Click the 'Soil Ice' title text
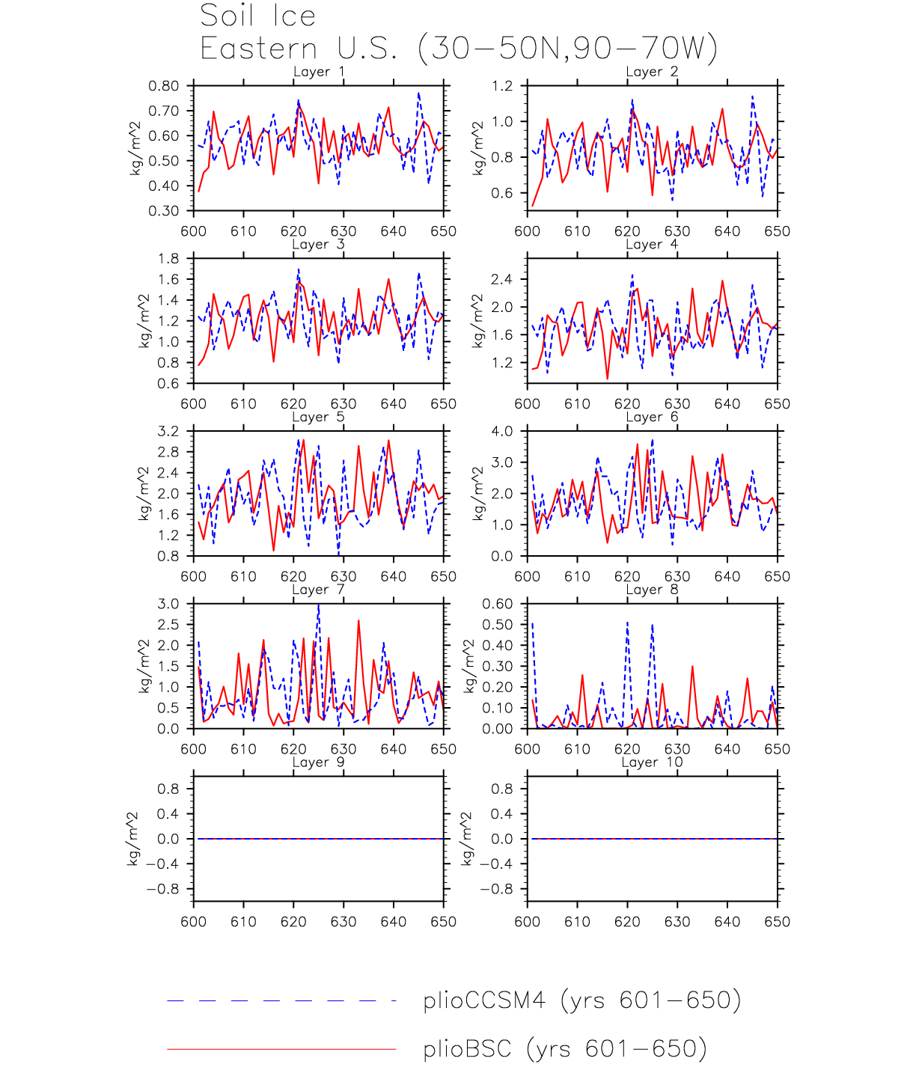tap(257, 16)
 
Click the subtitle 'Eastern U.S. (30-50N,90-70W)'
tap(458, 49)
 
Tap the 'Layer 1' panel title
tap(319, 72)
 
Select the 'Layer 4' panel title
tap(652, 245)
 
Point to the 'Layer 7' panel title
tap(319, 590)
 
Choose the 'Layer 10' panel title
tap(652, 762)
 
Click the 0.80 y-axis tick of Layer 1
tap(164, 86)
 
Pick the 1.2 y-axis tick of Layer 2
tap(503, 86)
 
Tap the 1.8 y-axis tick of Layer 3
tap(168, 259)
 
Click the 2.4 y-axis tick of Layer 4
tap(503, 280)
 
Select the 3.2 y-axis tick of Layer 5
tap(168, 432)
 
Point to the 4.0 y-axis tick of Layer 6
tap(503, 432)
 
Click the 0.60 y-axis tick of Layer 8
tap(498, 605)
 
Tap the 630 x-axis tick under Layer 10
tap(677, 922)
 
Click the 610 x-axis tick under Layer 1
tap(244, 231)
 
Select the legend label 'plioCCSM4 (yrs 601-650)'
tap(581, 1000)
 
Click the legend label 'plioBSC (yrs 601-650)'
tap(565, 1049)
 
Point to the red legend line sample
tap(281, 1049)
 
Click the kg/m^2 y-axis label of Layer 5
tap(143, 494)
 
